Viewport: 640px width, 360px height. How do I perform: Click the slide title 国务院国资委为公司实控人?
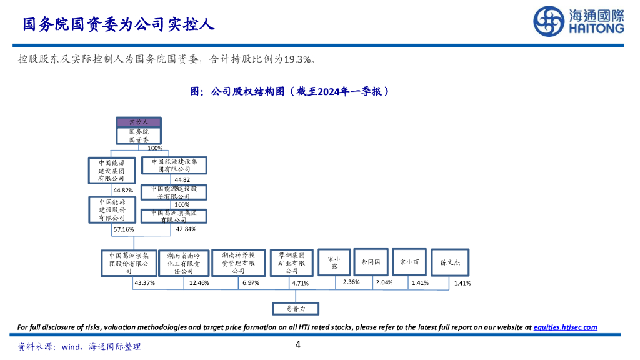(119, 24)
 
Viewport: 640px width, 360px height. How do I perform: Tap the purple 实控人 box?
(137, 122)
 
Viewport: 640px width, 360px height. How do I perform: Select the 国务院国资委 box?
(137, 136)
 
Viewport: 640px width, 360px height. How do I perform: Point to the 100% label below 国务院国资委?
(155, 148)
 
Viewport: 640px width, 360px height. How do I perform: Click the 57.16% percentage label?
(123, 229)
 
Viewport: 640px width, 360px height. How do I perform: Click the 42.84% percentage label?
(186, 229)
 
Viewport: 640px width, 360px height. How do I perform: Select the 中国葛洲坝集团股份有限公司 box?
(129, 263)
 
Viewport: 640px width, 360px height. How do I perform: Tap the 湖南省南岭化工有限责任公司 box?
(184, 263)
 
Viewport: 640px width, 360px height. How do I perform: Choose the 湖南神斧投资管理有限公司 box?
(238, 263)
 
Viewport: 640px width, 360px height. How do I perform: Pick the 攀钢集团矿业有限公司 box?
(292, 263)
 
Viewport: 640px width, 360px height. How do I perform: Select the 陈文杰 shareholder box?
(450, 263)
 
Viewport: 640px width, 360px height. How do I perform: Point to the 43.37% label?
(144, 283)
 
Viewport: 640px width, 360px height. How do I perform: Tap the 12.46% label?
(199, 283)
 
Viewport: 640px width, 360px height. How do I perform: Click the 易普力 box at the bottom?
(296, 308)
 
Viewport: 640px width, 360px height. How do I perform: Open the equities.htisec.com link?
(565, 327)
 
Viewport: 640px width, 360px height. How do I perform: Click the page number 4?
(298, 345)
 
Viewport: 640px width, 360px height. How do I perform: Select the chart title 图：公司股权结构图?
(290, 91)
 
